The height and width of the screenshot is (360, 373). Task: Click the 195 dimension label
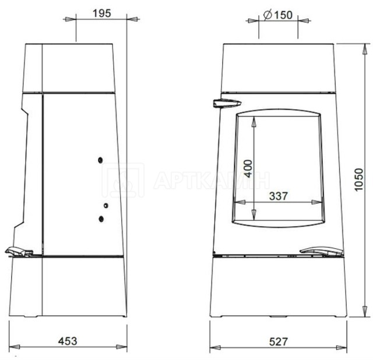pos(102,13)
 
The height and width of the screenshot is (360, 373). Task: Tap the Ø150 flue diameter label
pos(278,15)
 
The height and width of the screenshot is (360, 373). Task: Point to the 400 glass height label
pos(248,168)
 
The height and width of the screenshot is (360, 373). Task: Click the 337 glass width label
pos(279,196)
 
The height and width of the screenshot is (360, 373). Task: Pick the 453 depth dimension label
pos(68,341)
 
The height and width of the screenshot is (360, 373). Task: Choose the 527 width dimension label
pos(279,342)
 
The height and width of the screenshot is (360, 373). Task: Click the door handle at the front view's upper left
pos(227,104)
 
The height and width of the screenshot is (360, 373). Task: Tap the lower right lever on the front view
pos(321,252)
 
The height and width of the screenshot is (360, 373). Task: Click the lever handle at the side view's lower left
pos(19,252)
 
